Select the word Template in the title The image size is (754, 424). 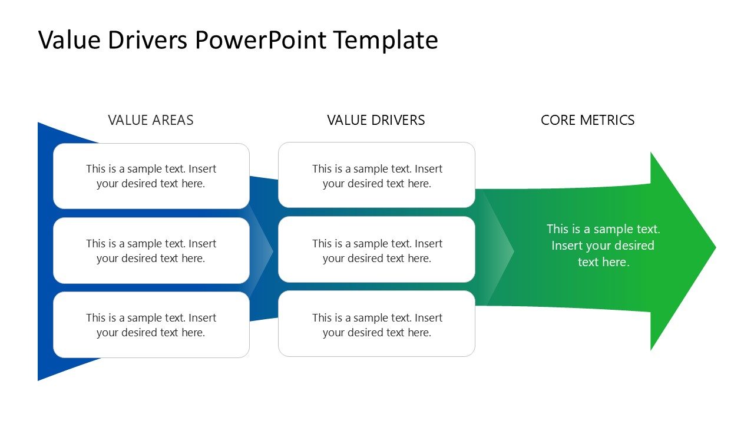point(385,40)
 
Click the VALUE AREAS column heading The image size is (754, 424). point(151,120)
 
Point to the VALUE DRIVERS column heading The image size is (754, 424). point(376,120)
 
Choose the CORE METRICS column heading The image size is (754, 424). point(587,120)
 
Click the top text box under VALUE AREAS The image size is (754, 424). point(151,176)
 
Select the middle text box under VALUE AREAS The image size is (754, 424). point(151,251)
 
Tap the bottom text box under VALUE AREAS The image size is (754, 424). point(151,325)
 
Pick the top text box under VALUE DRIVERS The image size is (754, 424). point(376,175)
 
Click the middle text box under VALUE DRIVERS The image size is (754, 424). point(376,250)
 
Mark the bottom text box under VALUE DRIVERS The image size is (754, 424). point(376,324)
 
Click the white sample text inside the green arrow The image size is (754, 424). point(603,246)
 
